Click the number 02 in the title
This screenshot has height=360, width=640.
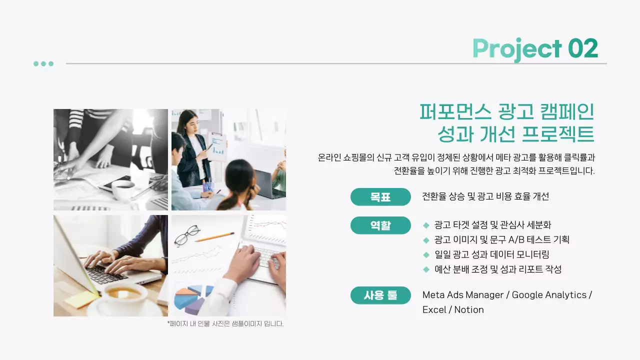click(x=583, y=48)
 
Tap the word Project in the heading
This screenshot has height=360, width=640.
click(x=517, y=49)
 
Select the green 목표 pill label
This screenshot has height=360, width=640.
click(x=380, y=197)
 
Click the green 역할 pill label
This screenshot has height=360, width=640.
click(x=380, y=225)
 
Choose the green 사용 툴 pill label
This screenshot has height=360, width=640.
click(x=380, y=295)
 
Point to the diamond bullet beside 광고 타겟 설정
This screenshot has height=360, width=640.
click(x=426, y=225)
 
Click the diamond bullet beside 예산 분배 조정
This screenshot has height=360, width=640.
click(x=426, y=269)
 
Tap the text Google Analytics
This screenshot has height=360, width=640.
click(x=549, y=295)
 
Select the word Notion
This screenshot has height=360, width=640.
click(x=469, y=310)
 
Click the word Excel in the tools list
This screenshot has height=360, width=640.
click(x=434, y=310)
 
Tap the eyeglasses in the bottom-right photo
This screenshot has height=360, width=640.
click(x=187, y=235)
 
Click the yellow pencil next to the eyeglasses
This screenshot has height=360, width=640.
click(x=214, y=237)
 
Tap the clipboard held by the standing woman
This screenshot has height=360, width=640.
click(x=216, y=146)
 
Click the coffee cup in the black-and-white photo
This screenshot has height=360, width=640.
click(x=123, y=189)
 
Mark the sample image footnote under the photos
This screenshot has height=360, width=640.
click(x=225, y=323)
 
